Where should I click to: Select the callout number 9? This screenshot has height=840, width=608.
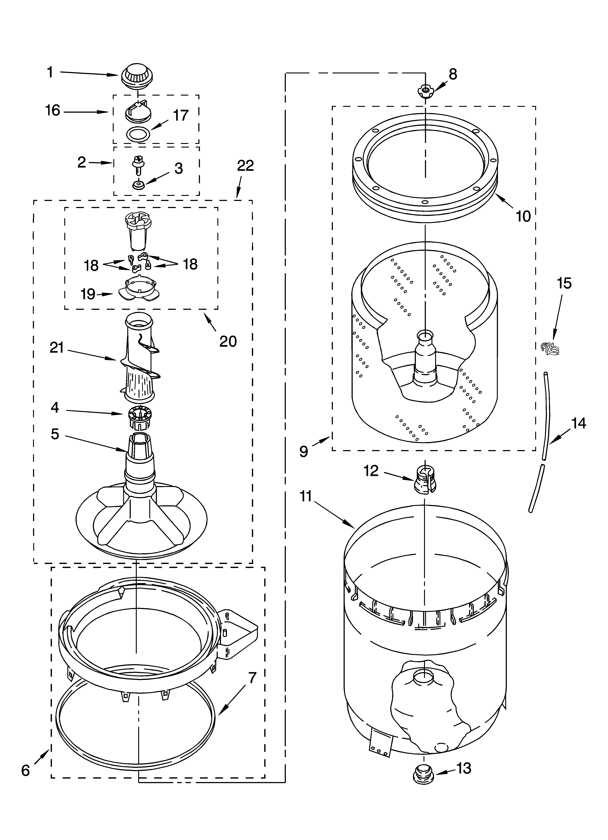coord(304,451)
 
